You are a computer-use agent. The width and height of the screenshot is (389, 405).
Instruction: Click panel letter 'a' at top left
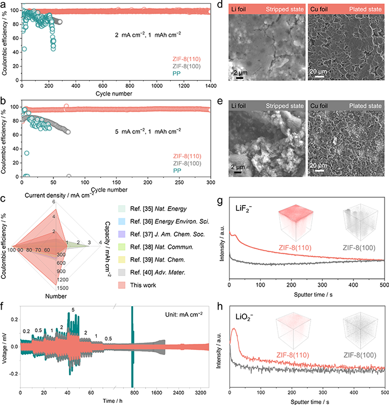pyautogui.click(x=3, y=4)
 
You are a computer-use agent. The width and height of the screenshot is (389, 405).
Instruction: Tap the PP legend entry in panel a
pyautogui.click(x=177, y=74)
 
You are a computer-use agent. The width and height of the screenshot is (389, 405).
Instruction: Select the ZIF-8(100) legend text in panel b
pyautogui.click(x=187, y=163)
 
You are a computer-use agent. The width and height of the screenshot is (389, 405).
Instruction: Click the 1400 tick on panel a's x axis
pyautogui.click(x=211, y=86)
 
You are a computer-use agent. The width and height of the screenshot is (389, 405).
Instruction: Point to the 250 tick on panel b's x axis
pyautogui.click(x=179, y=182)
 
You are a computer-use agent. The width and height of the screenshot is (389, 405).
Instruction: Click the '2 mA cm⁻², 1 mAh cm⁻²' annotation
pyautogui.click(x=148, y=34)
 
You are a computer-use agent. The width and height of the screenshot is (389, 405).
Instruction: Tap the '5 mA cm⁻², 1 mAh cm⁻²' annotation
pyautogui.click(x=148, y=131)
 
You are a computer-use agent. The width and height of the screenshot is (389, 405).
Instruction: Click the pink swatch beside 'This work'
pyautogui.click(x=122, y=285)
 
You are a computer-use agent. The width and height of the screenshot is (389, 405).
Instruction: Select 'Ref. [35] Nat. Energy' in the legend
pyautogui.click(x=158, y=209)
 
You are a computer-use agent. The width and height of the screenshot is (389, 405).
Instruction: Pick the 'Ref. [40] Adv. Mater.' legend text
pyautogui.click(x=158, y=272)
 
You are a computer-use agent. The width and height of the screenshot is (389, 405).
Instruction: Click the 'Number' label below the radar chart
pyautogui.click(x=56, y=296)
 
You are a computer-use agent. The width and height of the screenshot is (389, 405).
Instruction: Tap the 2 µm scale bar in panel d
pyautogui.click(x=240, y=78)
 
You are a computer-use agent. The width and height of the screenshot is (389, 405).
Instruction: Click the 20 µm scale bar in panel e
pyautogui.click(x=320, y=171)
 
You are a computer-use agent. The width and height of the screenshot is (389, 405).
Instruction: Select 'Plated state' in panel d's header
pyautogui.click(x=365, y=9)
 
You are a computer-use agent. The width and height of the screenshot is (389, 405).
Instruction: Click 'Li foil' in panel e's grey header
pyautogui.click(x=238, y=106)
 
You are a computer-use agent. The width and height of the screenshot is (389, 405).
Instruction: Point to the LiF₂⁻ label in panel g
pyautogui.click(x=243, y=209)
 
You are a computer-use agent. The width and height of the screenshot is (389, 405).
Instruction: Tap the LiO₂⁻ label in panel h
pyautogui.click(x=244, y=317)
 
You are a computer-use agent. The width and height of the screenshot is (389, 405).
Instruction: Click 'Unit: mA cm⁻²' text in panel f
pyautogui.click(x=184, y=314)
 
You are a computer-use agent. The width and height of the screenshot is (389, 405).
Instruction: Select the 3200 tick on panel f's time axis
pyautogui.click(x=201, y=393)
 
